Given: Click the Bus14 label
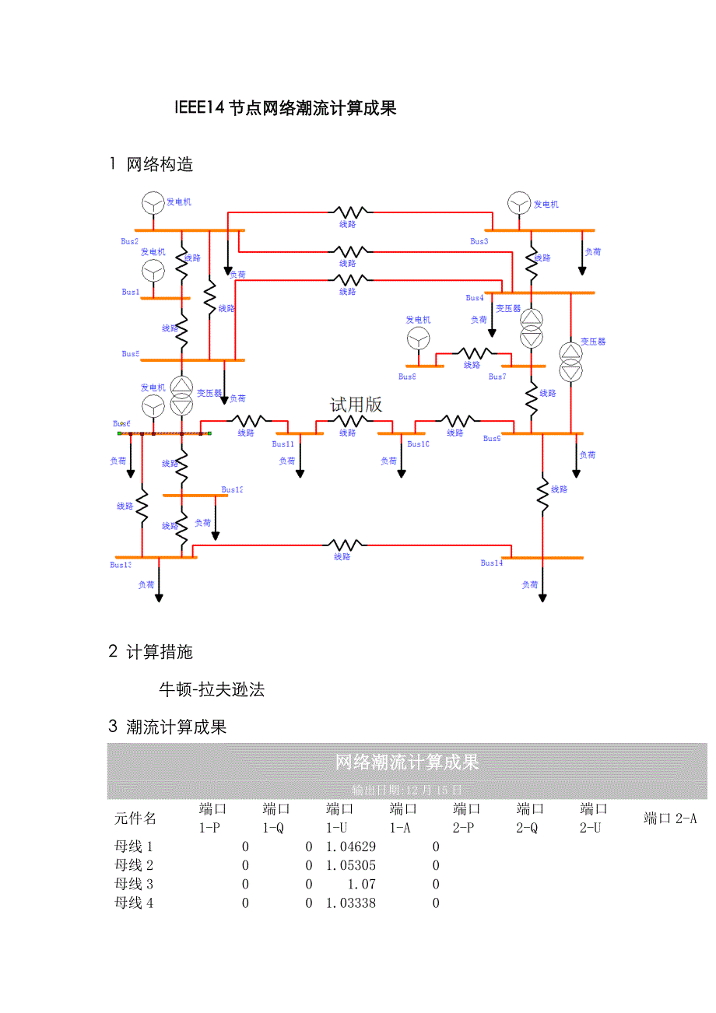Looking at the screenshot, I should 492,563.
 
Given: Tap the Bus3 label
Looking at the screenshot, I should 479,241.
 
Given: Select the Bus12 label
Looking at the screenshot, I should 232,490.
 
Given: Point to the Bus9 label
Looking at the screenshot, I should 491,439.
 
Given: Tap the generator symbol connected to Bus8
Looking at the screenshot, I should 418,338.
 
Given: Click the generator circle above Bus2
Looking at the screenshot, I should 153,203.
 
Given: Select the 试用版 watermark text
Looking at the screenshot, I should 356,405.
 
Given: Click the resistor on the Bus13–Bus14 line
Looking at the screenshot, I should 344,545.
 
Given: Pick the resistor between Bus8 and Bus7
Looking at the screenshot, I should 475,353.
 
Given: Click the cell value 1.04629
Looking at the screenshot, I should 350,847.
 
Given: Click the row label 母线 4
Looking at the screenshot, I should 134,903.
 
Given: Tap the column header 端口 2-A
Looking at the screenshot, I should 670,818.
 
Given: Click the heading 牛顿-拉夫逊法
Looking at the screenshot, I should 212,689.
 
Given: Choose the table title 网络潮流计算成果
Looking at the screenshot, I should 407,762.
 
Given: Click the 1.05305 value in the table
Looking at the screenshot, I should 350,865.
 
